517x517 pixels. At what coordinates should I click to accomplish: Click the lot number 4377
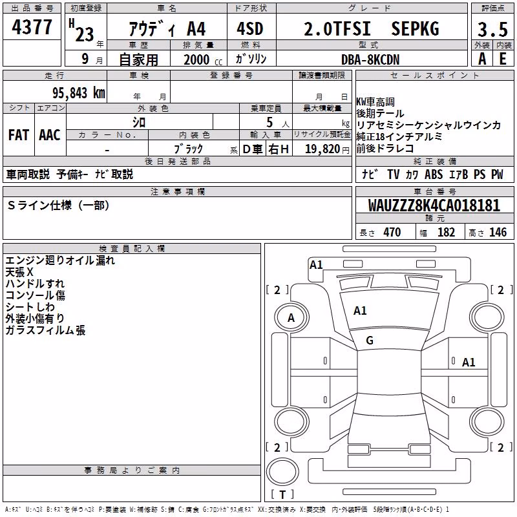[32, 27]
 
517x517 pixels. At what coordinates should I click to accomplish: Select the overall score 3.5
[492, 30]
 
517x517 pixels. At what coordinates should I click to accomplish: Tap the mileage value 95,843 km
[78, 92]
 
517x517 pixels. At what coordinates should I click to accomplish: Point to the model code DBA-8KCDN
[370, 59]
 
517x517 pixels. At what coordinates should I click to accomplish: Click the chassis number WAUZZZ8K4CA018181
[434, 206]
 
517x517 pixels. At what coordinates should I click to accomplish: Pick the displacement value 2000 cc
[203, 59]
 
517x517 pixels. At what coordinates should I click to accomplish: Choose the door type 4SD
[250, 28]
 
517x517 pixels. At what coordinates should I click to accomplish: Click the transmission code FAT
[19, 135]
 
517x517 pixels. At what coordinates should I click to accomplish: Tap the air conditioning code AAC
[50, 135]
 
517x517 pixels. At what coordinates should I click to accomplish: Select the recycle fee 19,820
[322, 149]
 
